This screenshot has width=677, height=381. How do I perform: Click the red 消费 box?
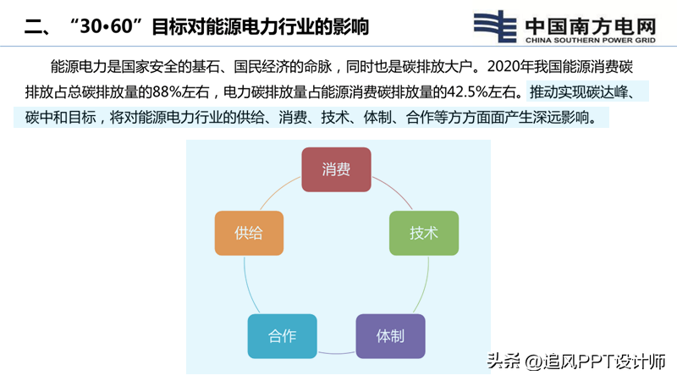[336, 169]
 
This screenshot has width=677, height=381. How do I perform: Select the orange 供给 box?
[249, 234]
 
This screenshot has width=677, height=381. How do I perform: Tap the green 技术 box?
[424, 234]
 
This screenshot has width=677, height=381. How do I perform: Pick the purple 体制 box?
[390, 336]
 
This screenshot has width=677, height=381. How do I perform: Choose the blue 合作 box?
[283, 336]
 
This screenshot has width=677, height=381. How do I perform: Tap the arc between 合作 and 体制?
[336, 353]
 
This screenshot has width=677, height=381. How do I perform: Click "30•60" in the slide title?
[107, 26]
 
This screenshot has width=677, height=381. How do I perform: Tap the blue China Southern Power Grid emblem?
[495, 26]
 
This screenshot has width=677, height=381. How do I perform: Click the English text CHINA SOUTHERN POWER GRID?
[590, 40]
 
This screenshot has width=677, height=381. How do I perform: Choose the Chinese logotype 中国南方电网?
[590, 26]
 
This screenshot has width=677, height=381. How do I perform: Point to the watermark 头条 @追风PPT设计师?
[576, 362]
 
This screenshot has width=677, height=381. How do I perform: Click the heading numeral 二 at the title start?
[33, 27]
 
